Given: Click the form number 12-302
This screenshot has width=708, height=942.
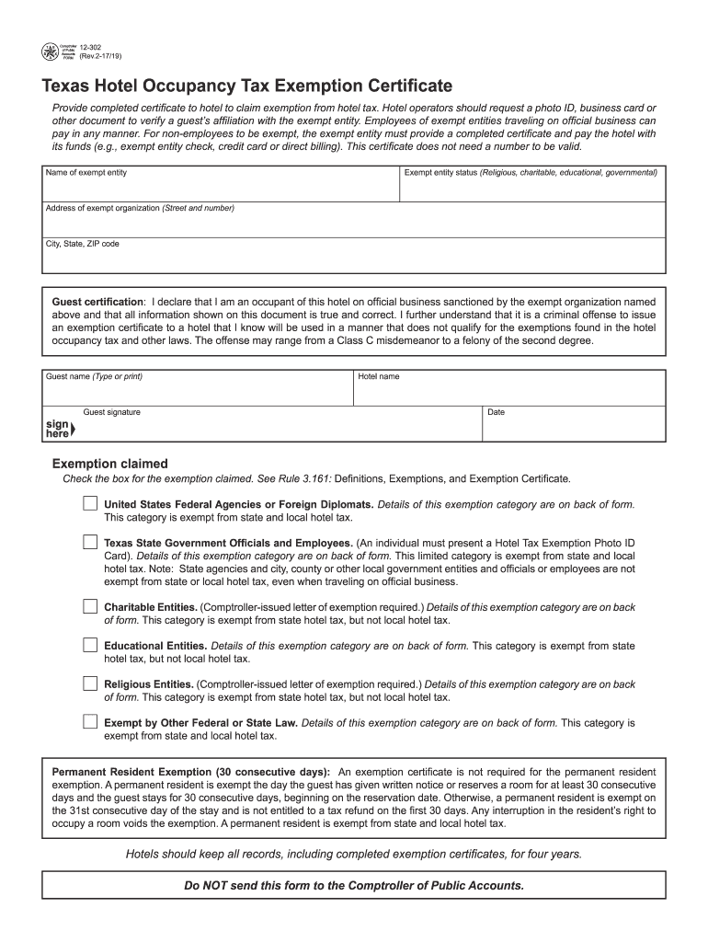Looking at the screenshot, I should click(91, 46).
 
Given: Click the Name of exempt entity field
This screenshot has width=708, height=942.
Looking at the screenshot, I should click(221, 188).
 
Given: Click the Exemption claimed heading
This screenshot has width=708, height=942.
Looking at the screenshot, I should click(109, 464).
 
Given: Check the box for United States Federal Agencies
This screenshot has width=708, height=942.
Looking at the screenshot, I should click(89, 504).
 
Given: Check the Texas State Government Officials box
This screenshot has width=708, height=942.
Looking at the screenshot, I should click(89, 543).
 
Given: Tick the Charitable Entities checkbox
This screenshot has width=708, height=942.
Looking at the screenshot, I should click(89, 607).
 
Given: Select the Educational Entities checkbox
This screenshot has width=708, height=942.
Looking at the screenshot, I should click(89, 645).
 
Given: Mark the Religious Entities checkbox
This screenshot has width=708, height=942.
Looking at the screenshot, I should click(89, 684).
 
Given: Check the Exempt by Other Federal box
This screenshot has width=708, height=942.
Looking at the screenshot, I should click(89, 722).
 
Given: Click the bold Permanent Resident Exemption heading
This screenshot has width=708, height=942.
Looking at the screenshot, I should click(191, 771).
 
